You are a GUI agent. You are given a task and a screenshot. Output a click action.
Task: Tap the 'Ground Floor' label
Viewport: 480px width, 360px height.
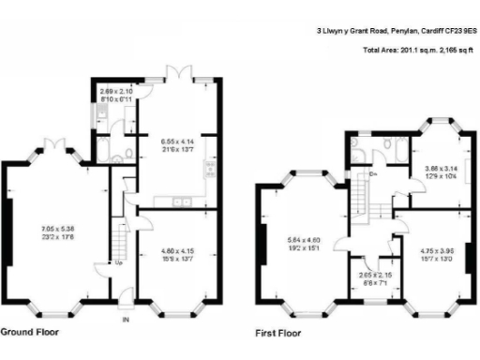[32, 332]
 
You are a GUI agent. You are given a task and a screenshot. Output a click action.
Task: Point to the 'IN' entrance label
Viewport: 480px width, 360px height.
[125, 320]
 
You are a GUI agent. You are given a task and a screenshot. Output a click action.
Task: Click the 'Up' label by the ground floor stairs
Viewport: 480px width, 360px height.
[119, 262]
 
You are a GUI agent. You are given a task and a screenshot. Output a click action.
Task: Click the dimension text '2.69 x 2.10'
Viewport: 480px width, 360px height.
[114, 91]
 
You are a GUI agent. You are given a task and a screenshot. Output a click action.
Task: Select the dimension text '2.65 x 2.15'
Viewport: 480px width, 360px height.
[375, 276]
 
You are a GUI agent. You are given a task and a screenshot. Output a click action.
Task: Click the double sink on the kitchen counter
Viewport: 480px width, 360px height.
[180, 201]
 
